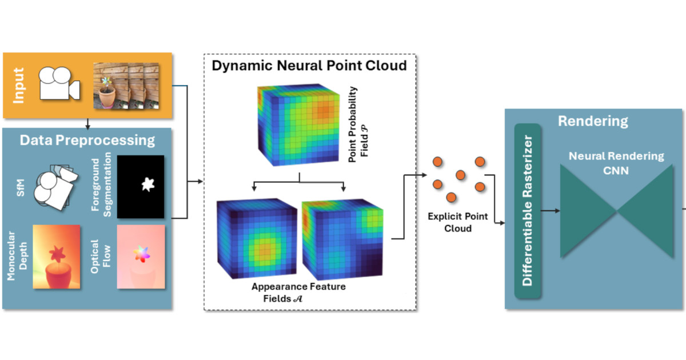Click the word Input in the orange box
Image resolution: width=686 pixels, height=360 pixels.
19,86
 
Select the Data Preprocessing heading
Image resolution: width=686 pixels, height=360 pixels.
87,140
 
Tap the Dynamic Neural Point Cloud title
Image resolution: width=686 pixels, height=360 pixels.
309,65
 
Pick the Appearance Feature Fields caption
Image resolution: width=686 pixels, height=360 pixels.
299,291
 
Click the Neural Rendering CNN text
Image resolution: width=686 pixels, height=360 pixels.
616,162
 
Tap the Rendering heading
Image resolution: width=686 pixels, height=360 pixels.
593,121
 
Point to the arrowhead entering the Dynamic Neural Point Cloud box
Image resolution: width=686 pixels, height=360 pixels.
200,182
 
